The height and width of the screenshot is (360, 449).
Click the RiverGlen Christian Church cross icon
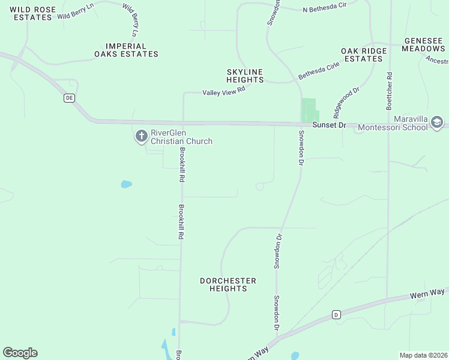click(142, 136)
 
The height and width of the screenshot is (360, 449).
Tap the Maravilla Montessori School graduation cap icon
click(436, 123)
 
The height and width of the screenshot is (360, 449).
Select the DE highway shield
click(70, 98)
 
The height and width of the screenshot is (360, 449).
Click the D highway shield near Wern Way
click(336, 314)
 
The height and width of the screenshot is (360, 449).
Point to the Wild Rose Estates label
click(31, 13)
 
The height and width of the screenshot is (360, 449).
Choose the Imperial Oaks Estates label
click(126, 50)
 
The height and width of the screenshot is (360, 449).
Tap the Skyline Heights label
click(245, 76)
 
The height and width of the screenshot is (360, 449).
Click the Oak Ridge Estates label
click(363, 55)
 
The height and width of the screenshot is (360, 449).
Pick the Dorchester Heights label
click(228, 284)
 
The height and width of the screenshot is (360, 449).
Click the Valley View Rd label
click(224, 91)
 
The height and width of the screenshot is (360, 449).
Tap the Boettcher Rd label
click(390, 91)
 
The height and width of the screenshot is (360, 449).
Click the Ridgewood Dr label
click(346, 102)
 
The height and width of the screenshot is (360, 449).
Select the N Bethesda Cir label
click(325, 9)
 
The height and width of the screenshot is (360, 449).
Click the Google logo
click(20, 353)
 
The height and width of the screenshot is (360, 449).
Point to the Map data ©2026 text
click(423, 355)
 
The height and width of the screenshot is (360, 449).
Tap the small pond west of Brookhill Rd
click(126, 184)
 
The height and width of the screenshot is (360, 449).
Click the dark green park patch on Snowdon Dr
click(309, 109)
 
